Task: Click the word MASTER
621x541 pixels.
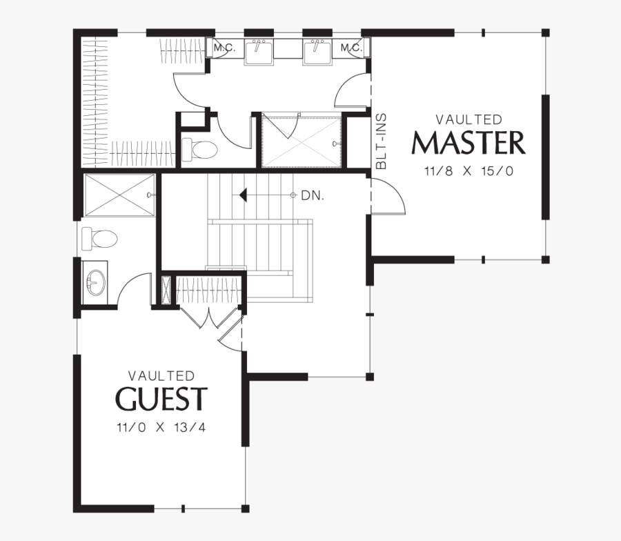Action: pos(469,143)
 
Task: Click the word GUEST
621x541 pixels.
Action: pos(161,398)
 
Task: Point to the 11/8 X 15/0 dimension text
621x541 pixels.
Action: pos(469,171)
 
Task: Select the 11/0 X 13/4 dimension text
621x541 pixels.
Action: pos(161,427)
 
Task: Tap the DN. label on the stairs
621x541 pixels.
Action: pos(313,195)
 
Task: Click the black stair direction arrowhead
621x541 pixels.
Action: pos(243,195)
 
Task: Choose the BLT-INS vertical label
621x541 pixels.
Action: pos(381,141)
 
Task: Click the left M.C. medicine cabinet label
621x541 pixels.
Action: pos(224,48)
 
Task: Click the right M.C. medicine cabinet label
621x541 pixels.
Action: pos(351,48)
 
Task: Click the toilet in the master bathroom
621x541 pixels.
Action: pos(199,150)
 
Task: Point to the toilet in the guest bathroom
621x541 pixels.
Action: pos(100,239)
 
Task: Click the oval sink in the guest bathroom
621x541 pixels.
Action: pos(95,282)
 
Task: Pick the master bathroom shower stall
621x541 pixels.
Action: pos(302,141)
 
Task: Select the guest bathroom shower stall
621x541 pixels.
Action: pos(119,195)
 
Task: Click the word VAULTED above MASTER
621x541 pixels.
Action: pos(469,119)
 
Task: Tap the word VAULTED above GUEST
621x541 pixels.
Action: pos(161,375)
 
